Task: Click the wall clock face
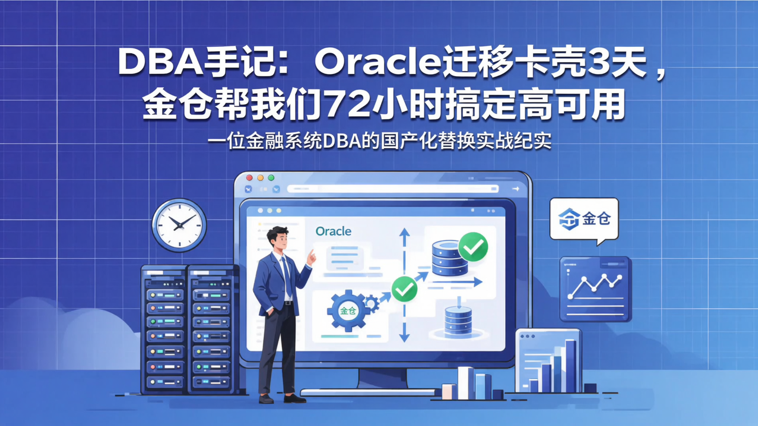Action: [x=179, y=225]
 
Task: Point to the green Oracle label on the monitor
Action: [x=333, y=231]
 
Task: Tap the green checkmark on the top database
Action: [x=473, y=246]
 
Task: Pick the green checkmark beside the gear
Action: [x=404, y=288]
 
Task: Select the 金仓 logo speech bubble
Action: [x=584, y=219]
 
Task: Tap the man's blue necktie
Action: [x=287, y=276]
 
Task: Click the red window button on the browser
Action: [x=250, y=178]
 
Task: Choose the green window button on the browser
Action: [x=271, y=178]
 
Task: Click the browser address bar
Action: [x=392, y=189]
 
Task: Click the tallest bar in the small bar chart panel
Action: [x=571, y=366]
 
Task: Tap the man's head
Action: [x=277, y=239]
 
